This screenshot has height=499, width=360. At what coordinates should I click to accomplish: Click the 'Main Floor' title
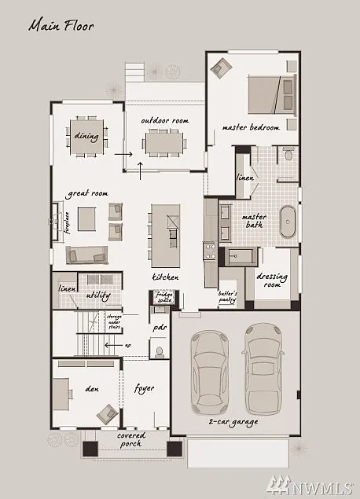(61, 25)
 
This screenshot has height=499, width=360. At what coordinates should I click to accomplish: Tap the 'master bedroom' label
(251, 127)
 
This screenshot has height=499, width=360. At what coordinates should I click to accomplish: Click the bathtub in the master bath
(288, 223)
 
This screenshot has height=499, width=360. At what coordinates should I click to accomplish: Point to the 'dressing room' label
(272, 281)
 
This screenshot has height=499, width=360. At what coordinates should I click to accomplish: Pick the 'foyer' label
(144, 388)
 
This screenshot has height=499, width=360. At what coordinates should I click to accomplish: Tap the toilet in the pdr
(158, 348)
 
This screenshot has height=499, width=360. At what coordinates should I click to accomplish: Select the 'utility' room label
(98, 295)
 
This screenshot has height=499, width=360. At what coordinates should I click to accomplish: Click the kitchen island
(166, 234)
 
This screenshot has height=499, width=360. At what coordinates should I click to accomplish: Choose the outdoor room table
(163, 143)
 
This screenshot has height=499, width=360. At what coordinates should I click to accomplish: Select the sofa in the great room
(86, 254)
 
